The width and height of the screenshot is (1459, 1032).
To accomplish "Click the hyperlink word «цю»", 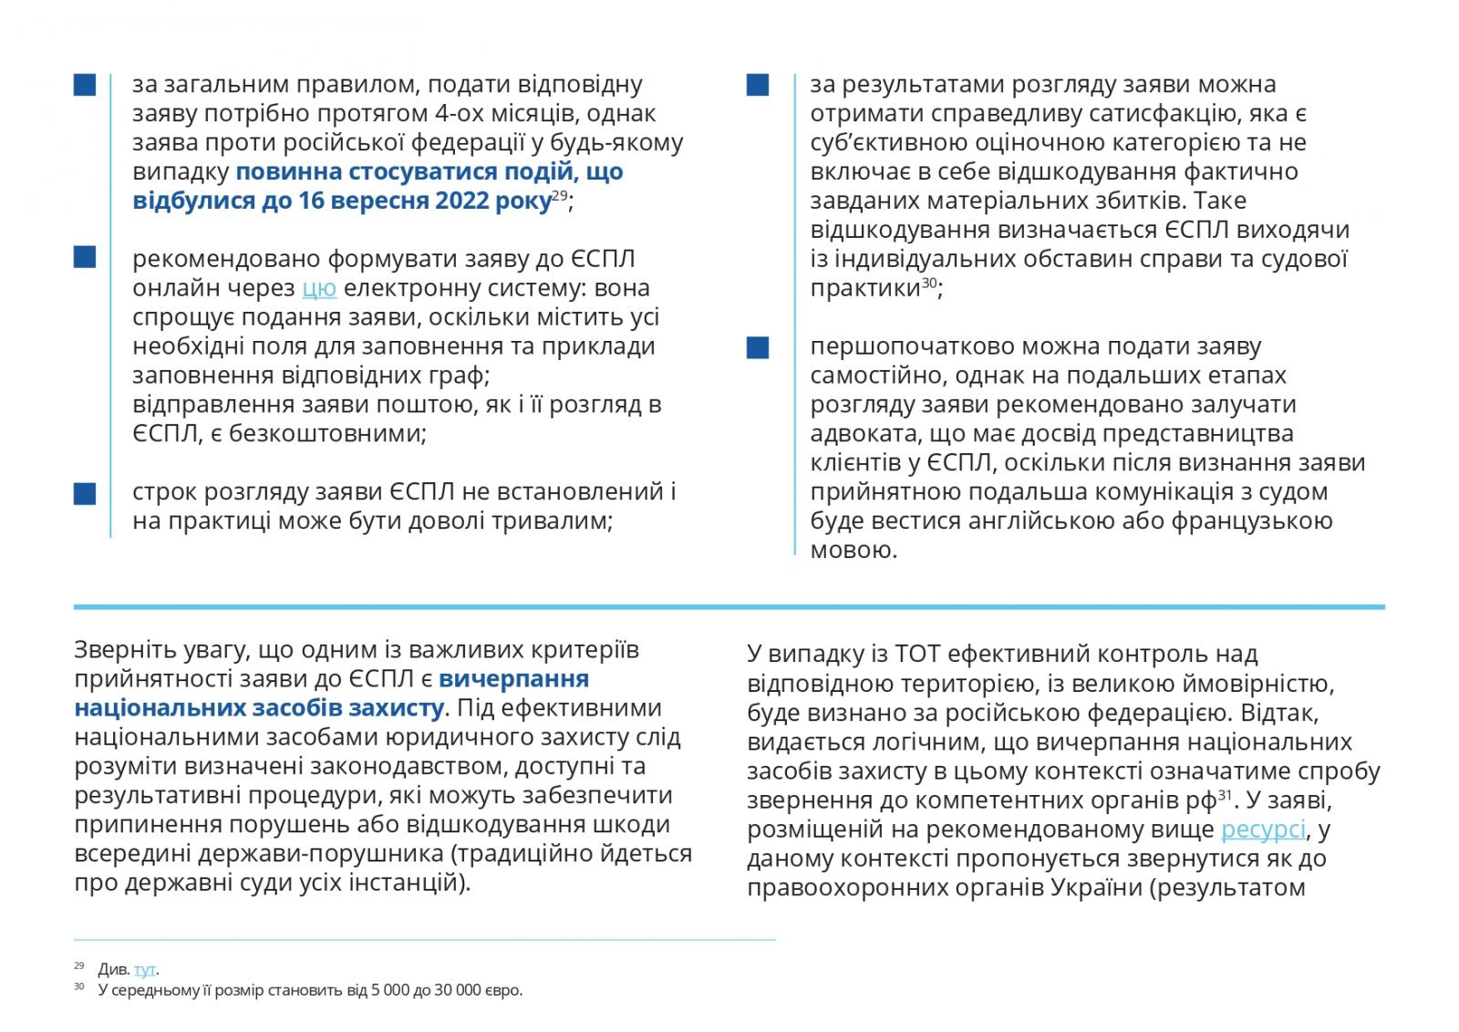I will coord(319,288).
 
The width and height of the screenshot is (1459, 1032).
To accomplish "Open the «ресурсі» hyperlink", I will coord(1263,830).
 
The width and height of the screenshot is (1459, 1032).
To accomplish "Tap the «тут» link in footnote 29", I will coord(145,969).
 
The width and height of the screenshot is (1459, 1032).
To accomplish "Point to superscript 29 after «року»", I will coord(559,194).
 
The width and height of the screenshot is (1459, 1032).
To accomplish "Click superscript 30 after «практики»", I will coord(928,282).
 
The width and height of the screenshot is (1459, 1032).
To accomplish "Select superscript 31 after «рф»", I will coord(1225,794).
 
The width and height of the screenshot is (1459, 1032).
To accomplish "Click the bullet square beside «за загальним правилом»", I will coord(85,85).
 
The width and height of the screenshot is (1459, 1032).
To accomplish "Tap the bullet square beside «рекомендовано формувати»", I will coord(85,259).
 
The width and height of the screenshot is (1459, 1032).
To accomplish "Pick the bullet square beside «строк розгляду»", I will coord(85,492).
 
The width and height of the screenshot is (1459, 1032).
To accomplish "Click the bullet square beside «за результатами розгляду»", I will coord(758,85).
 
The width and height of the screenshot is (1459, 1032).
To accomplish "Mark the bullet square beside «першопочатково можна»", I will coord(758,347).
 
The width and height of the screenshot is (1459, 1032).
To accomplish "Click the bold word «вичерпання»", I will coord(513,679).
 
